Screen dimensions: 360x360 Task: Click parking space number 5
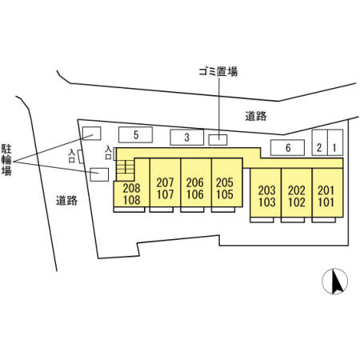[135, 134]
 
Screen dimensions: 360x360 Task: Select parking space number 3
[186, 138]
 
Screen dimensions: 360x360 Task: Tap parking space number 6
[287, 147]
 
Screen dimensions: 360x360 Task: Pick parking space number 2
[319, 142]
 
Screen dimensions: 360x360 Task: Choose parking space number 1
[335, 142]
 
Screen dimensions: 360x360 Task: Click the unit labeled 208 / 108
[131, 194]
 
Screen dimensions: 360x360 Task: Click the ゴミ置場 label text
[218, 72]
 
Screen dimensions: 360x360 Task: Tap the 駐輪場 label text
[6, 160]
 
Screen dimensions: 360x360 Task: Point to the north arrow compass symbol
[335, 281]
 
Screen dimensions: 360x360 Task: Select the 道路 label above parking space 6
[256, 116]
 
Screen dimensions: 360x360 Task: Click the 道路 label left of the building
[66, 200]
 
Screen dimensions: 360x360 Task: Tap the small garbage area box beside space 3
[218, 140]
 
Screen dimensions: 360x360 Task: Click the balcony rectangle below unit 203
[262, 220]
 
